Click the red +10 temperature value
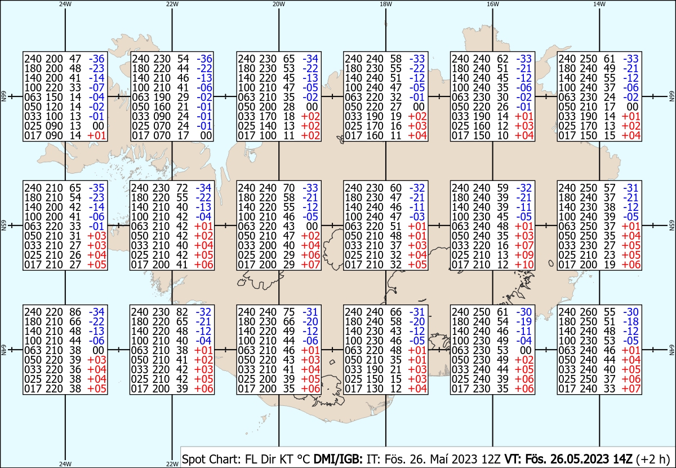point(524,264)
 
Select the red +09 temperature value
point(524,255)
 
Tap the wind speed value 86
point(75,312)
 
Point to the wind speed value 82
point(182,312)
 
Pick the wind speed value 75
point(289,312)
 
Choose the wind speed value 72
point(182,188)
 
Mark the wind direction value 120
point(54,107)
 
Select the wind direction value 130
point(375,389)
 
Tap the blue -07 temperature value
point(96,87)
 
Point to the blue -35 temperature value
point(96,188)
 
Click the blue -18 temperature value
point(631,321)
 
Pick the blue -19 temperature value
point(524,321)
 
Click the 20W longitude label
point(279,4)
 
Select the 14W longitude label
point(599,4)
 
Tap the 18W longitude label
point(386,4)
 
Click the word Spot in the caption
point(193,459)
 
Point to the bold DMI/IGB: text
point(338,459)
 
